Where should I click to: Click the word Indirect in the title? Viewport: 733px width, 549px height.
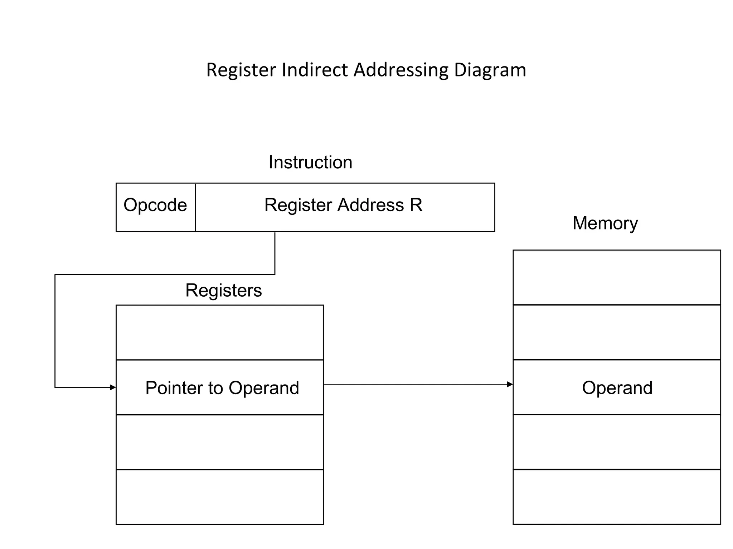point(314,70)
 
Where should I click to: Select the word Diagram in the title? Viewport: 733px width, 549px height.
point(490,70)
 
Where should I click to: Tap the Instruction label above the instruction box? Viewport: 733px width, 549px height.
point(310,162)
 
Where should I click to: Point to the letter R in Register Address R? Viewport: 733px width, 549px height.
point(416,205)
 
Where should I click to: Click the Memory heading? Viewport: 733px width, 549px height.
point(605,223)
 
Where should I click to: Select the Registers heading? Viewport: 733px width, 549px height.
point(223,290)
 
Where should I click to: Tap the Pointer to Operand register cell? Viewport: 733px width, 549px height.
point(220,387)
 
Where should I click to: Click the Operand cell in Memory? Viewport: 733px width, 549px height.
point(617,387)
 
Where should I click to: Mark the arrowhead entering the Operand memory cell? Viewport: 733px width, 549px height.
point(510,385)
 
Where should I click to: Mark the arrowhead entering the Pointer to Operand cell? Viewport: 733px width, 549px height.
point(113,387)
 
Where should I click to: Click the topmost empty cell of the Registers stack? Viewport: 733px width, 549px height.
point(220,332)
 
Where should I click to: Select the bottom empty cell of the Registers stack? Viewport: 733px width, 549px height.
point(220,497)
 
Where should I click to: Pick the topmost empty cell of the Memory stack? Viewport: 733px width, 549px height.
point(617,277)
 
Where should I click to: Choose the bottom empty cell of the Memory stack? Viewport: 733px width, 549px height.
point(617,497)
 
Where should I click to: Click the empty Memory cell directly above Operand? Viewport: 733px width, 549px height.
point(617,332)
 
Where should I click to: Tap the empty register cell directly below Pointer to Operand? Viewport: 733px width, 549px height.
point(220,442)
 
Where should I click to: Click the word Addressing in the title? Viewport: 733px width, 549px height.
point(401,70)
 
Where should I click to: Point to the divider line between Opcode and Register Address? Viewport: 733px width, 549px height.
point(195,207)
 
